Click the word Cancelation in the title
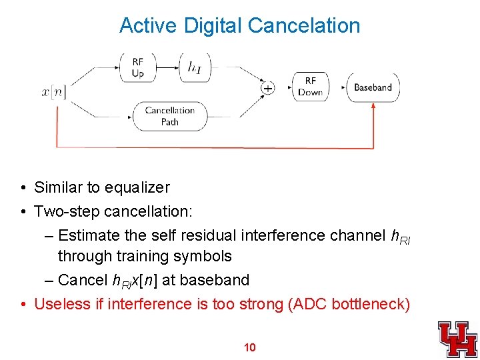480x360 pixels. pos(303,26)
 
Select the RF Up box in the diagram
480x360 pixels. pos(137,67)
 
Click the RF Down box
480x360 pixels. pos(310,87)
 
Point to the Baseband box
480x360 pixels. pos(373,87)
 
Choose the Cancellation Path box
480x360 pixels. pos(169,116)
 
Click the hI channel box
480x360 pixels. pos(195,67)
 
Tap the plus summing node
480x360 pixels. pos(268,87)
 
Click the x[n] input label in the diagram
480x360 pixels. pos(53,92)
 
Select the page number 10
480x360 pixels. pos(250,347)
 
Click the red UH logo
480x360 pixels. pos(457,339)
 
